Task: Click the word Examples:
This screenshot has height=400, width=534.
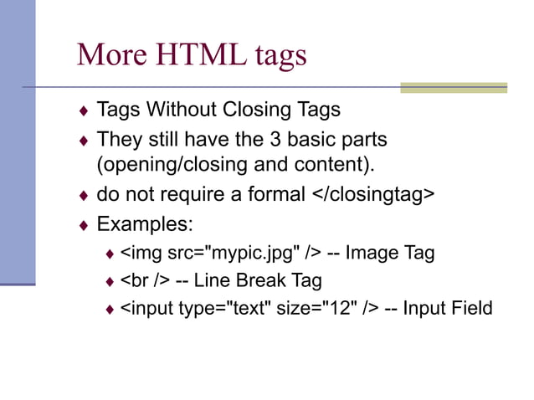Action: [145, 224]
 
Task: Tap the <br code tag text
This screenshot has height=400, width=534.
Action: [135, 279]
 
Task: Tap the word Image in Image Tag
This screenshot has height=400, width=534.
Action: [372, 252]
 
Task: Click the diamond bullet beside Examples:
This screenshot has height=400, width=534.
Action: [83, 225]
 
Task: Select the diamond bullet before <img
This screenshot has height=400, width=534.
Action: [110, 254]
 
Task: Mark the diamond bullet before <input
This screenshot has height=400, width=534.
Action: [110, 310]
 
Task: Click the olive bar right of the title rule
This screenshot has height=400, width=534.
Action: [453, 87]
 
